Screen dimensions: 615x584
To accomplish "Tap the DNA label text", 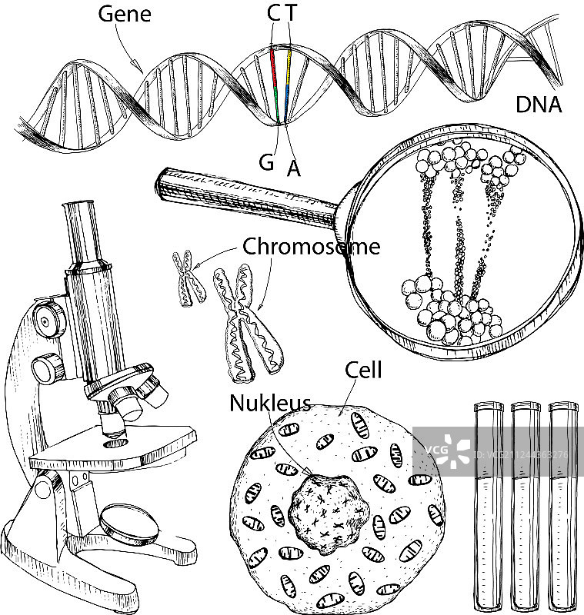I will click(x=538, y=105).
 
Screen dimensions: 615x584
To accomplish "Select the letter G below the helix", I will click(x=266, y=161).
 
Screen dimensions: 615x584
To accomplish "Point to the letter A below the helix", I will click(x=293, y=168).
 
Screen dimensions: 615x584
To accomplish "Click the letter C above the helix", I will click(x=274, y=14).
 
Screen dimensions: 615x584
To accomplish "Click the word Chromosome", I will click(x=311, y=247).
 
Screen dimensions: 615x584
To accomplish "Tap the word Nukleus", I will click(x=270, y=403).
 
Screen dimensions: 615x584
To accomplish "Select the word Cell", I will click(x=363, y=371).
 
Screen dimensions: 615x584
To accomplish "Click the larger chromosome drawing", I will click(x=245, y=323).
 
